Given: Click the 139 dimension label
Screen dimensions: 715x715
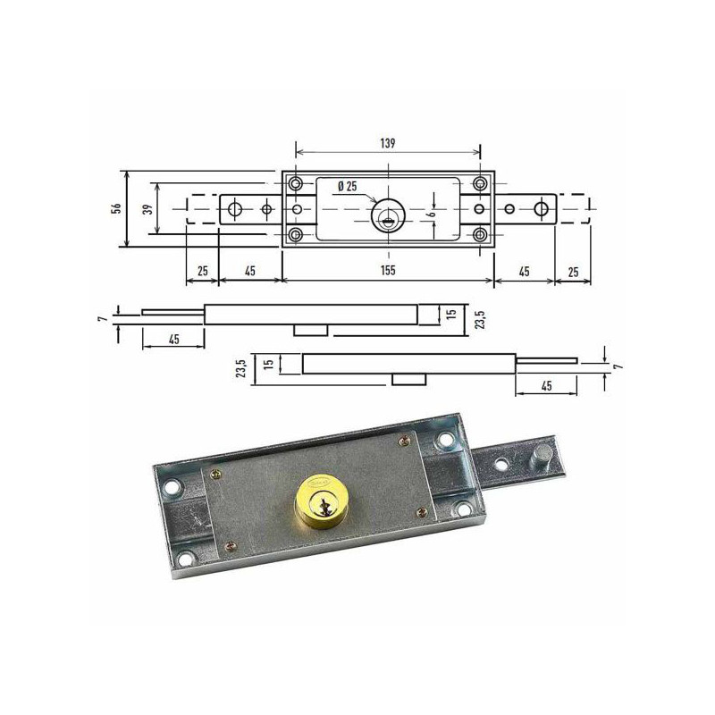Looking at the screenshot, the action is point(388,143).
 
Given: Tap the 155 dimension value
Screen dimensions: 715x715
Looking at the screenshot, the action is point(388,271).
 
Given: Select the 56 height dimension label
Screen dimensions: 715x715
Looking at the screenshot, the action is point(117,208).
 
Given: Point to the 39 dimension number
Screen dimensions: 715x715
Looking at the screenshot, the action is point(147,209).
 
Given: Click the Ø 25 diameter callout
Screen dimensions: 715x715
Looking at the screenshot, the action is point(348,186).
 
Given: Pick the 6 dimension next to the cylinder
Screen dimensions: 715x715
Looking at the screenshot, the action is point(433,212).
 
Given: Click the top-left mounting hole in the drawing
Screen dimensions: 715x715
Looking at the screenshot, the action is point(297,184).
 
